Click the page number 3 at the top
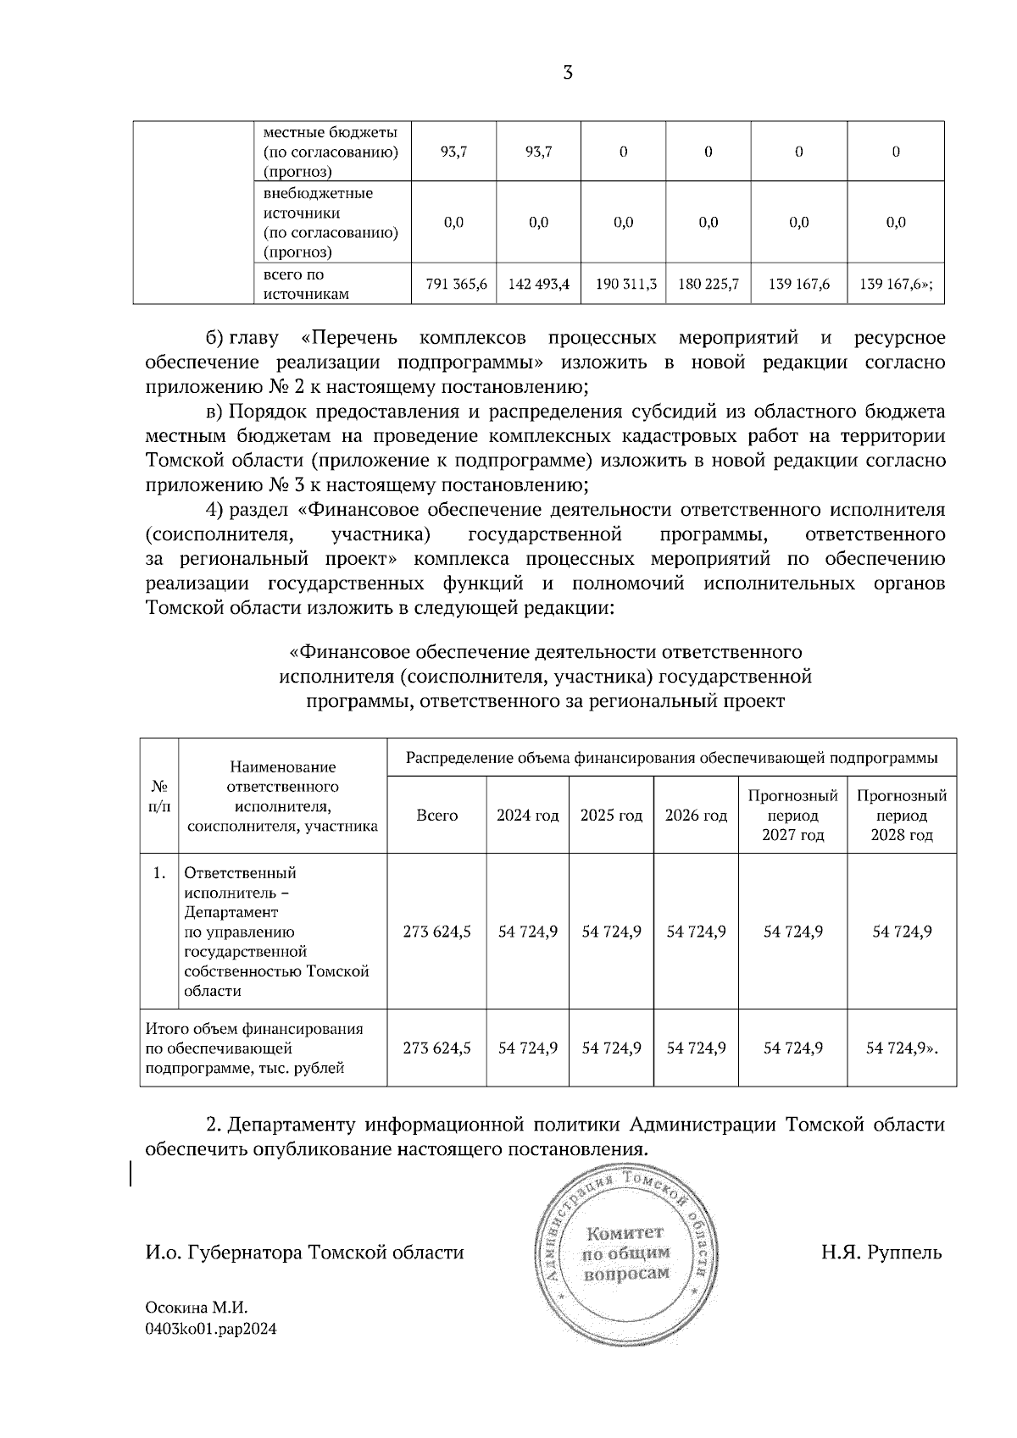(568, 73)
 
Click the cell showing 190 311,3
(625, 285)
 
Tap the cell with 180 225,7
(709, 285)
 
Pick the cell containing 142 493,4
(539, 285)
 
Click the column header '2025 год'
(611, 816)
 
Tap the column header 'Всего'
(436, 816)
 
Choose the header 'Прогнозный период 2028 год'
(902, 816)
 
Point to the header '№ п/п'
(158, 796)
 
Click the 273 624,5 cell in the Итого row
(436, 1048)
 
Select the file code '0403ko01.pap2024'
(211, 1329)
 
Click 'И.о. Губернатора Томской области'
(304, 1252)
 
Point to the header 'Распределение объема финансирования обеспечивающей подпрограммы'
(671, 758)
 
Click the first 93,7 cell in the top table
(455, 152)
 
